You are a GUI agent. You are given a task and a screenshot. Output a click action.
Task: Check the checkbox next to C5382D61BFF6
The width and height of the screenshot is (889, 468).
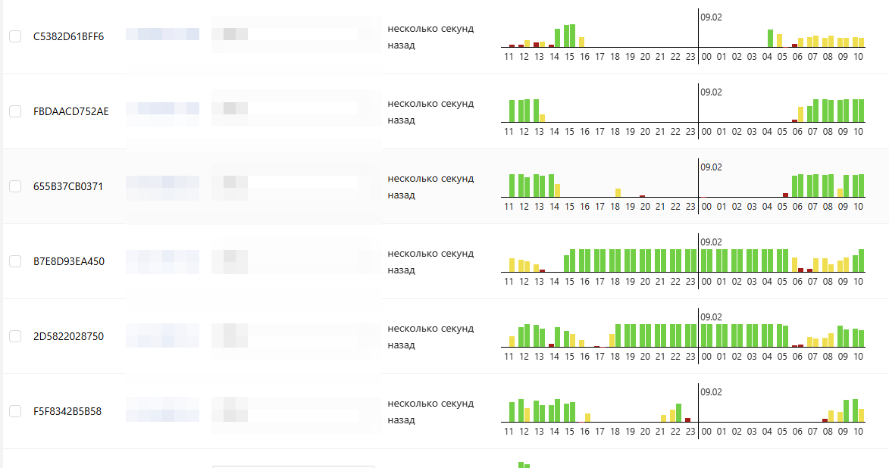(x=15, y=36)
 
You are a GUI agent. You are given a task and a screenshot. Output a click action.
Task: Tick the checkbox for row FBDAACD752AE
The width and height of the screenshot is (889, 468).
(x=15, y=111)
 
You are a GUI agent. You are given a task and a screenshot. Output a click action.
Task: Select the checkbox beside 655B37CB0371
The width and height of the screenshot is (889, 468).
(x=15, y=186)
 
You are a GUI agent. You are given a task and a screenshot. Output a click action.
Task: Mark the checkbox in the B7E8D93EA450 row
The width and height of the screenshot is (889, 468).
(x=15, y=261)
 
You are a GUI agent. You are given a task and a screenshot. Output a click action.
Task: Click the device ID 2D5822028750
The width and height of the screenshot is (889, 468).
(x=68, y=336)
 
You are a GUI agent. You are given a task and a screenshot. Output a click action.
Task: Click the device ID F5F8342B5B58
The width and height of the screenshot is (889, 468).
(x=67, y=411)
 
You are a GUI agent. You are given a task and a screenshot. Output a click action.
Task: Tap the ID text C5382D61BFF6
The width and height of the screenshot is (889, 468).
(x=68, y=36)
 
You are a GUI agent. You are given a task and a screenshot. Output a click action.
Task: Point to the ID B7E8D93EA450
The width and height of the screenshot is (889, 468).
(x=69, y=261)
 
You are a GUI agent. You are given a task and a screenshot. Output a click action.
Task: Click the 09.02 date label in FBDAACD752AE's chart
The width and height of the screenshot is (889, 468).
(x=711, y=92)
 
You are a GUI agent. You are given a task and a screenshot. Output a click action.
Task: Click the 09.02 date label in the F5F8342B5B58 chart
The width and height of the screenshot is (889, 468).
(x=711, y=392)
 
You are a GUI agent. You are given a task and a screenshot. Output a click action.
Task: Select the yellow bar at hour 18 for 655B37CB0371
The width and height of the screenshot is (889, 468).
(x=618, y=192)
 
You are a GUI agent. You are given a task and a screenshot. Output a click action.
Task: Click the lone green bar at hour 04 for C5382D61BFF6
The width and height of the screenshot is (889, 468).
(x=770, y=38)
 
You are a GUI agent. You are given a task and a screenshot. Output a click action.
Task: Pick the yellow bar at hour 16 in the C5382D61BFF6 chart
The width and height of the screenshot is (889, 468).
(x=581, y=42)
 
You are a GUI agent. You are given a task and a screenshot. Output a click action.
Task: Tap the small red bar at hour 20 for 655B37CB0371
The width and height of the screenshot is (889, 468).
(x=642, y=196)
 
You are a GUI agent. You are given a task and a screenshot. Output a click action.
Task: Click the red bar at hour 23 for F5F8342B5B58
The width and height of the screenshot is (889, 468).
(x=687, y=420)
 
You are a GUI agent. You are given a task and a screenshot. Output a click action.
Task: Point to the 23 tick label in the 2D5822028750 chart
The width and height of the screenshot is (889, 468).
(x=690, y=356)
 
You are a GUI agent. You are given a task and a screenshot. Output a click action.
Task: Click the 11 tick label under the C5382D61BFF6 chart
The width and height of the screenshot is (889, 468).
(x=509, y=56)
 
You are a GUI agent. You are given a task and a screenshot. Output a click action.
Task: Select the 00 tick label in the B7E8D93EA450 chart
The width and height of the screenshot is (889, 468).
(x=706, y=281)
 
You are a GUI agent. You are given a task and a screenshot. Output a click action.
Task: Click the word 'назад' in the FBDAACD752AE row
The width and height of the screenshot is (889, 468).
(x=402, y=120)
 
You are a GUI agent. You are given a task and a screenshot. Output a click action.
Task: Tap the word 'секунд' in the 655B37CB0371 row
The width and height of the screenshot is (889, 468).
(x=457, y=179)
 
